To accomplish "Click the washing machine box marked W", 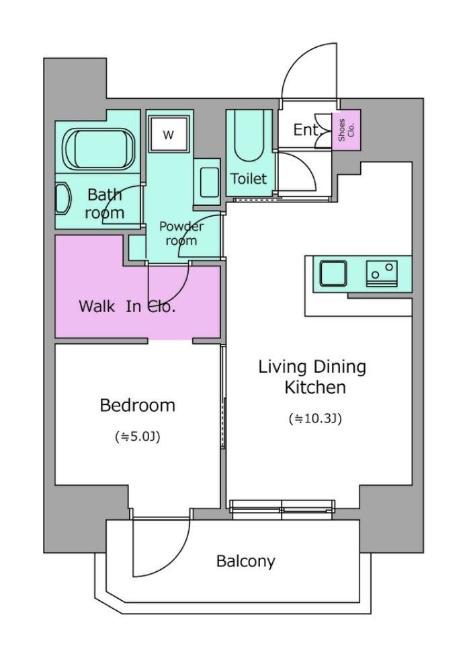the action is (168, 134).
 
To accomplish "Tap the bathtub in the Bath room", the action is (99, 149).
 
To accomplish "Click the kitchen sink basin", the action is (333, 274).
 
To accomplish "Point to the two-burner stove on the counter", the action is (382, 274).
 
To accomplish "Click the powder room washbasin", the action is (210, 182).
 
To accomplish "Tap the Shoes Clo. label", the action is (346, 130).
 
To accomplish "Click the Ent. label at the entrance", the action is (308, 130).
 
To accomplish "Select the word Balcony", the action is (246, 561).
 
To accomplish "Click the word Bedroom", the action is (138, 405).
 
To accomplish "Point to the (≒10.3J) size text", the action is (315, 419).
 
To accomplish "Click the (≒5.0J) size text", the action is (138, 437).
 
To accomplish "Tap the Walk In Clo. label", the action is (127, 306).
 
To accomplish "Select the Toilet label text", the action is (249, 179).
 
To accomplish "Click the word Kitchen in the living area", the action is (315, 388).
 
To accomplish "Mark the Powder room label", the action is (181, 233).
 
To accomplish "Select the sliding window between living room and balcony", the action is (282, 506).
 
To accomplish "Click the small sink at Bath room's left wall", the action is (62, 198).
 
